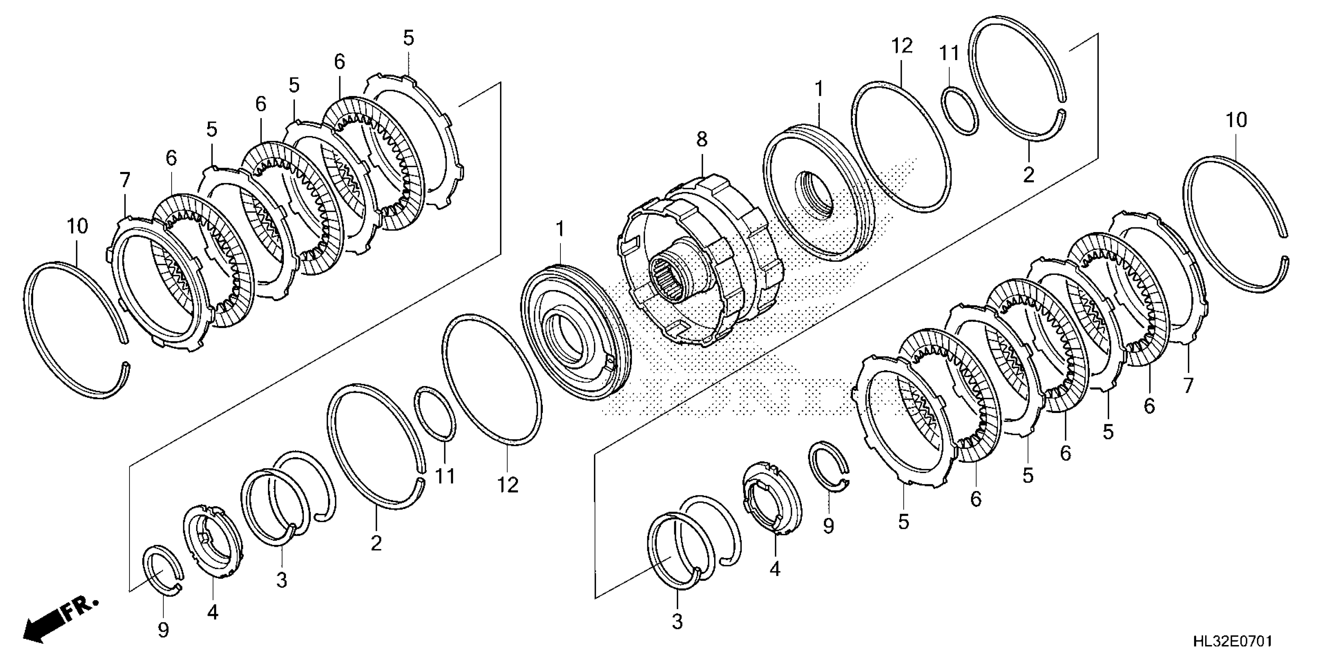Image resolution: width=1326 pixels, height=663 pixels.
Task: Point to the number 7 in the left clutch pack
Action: (124, 180)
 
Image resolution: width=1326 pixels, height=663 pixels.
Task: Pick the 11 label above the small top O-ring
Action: (949, 53)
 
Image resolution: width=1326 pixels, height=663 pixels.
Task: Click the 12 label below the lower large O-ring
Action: (507, 484)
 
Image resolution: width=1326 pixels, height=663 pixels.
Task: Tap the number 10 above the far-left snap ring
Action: (77, 225)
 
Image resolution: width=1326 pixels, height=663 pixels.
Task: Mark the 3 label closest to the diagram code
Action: (677, 622)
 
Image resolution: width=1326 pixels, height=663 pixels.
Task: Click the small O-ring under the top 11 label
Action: (959, 111)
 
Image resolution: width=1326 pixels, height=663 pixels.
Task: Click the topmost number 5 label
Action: (408, 38)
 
